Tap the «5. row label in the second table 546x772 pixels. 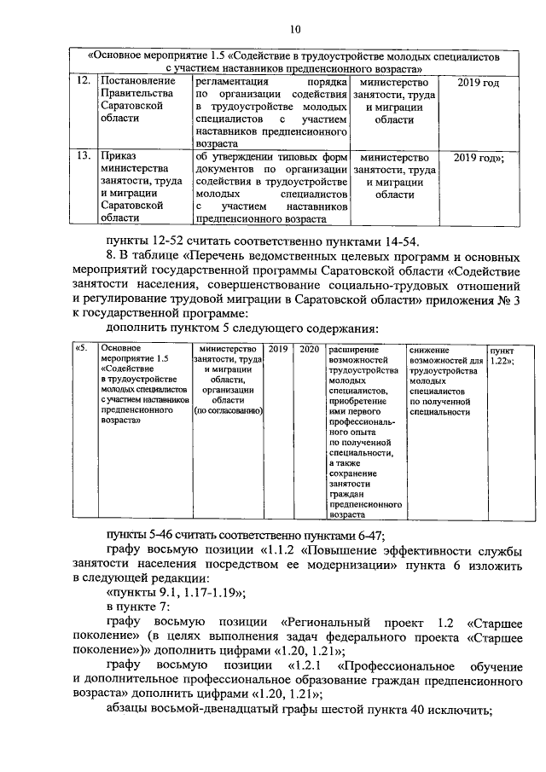point(83,349)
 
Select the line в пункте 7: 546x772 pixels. point(136,607)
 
